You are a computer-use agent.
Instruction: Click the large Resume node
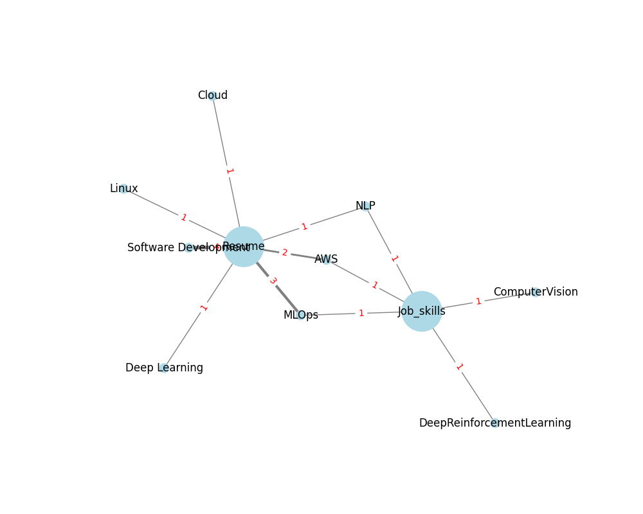click(243, 247)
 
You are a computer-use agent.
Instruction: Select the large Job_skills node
click(422, 311)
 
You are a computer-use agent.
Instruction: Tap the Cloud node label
click(212, 96)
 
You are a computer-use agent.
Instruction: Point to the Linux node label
click(123, 188)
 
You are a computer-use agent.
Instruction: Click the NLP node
click(365, 206)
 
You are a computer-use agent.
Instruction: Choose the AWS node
click(326, 259)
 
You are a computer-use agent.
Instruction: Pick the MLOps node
click(301, 315)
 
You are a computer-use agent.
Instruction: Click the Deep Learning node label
click(164, 368)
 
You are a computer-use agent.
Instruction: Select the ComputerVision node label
click(535, 292)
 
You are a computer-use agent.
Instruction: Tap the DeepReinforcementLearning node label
click(494, 423)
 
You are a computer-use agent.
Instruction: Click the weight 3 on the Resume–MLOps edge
click(273, 281)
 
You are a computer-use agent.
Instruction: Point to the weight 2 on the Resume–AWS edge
click(285, 253)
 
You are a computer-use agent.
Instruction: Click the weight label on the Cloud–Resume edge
click(228, 171)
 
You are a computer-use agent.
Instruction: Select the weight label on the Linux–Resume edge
click(183, 217)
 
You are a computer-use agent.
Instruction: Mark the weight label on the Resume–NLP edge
click(304, 226)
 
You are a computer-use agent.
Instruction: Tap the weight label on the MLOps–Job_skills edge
click(361, 313)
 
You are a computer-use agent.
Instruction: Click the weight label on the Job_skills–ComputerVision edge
click(478, 301)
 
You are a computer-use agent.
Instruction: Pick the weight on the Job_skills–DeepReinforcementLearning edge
click(458, 367)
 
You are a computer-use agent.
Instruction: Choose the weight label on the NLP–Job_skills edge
click(394, 258)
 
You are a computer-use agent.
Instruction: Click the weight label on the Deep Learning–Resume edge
click(204, 307)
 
